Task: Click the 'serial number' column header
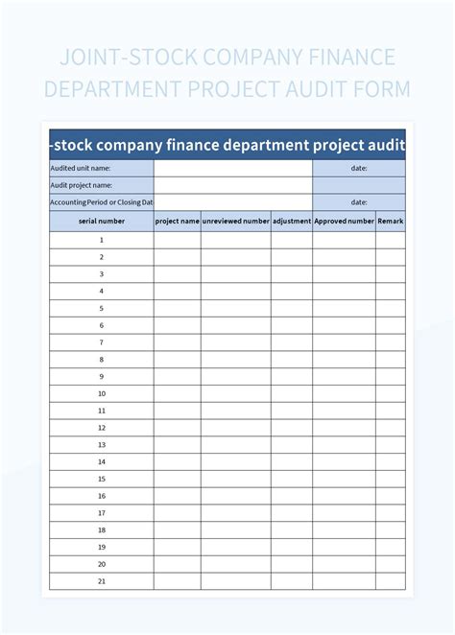click(x=101, y=221)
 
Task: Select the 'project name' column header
click(x=178, y=221)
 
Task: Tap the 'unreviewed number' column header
click(x=236, y=221)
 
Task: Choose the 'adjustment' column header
click(x=292, y=221)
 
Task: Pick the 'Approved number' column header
click(x=344, y=221)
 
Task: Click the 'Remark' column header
click(x=391, y=221)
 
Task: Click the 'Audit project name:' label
click(x=82, y=185)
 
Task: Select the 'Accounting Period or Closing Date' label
click(x=101, y=202)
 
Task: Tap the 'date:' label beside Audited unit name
click(x=359, y=168)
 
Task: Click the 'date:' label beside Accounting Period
click(x=359, y=202)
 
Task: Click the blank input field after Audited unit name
click(x=232, y=168)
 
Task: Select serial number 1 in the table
click(x=101, y=240)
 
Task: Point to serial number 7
click(x=101, y=342)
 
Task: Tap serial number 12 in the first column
click(x=101, y=428)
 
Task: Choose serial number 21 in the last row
click(x=101, y=581)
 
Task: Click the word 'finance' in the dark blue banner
click(x=202, y=146)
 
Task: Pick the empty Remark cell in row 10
click(x=391, y=393)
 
